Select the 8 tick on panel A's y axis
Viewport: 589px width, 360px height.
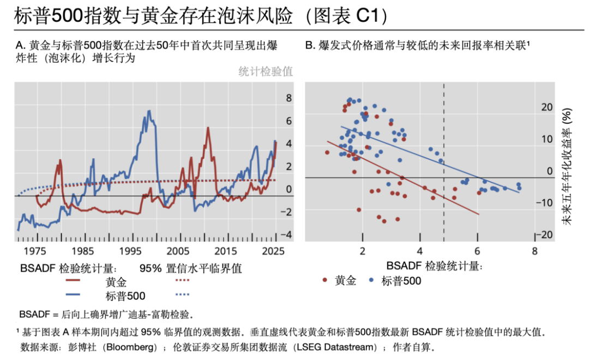[289, 98]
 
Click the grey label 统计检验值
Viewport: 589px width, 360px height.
[266, 71]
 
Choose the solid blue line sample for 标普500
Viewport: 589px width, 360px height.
[81, 296]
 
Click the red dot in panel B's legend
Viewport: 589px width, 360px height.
[325, 280]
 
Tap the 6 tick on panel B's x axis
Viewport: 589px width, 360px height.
[477, 251]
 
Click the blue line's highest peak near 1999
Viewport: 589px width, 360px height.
[148, 111]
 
